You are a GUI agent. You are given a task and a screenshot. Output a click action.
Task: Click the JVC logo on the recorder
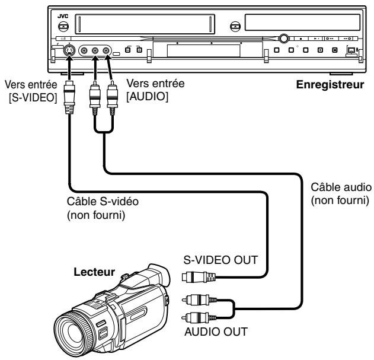click(x=63, y=16)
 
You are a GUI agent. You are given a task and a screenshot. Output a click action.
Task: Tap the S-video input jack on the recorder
click(x=69, y=50)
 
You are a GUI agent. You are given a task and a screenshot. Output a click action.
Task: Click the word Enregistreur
click(x=330, y=85)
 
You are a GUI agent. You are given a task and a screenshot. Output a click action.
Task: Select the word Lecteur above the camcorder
click(x=94, y=272)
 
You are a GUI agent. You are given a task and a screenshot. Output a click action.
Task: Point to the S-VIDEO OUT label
click(x=220, y=260)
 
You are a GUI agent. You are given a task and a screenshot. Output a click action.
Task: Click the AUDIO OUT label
click(x=216, y=332)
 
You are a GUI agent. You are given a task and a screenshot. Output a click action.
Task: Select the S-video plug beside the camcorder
click(x=199, y=277)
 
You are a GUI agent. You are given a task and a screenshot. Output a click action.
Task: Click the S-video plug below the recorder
click(x=69, y=97)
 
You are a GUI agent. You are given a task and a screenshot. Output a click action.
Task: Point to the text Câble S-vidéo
click(x=103, y=201)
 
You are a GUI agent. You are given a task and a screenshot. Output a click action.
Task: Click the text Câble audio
click(x=341, y=187)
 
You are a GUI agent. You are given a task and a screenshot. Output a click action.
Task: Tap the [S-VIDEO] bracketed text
click(x=33, y=98)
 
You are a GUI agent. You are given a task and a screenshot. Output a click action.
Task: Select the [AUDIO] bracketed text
click(x=147, y=97)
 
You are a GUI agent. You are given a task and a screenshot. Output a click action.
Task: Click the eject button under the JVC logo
click(x=63, y=26)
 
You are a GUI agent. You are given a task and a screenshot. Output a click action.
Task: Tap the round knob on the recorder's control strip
click(x=283, y=38)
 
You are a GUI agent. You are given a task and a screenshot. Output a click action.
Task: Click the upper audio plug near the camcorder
click(x=199, y=300)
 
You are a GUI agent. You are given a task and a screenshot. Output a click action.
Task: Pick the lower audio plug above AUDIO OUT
click(x=199, y=318)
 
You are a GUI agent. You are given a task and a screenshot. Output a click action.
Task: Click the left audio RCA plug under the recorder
click(x=95, y=98)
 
